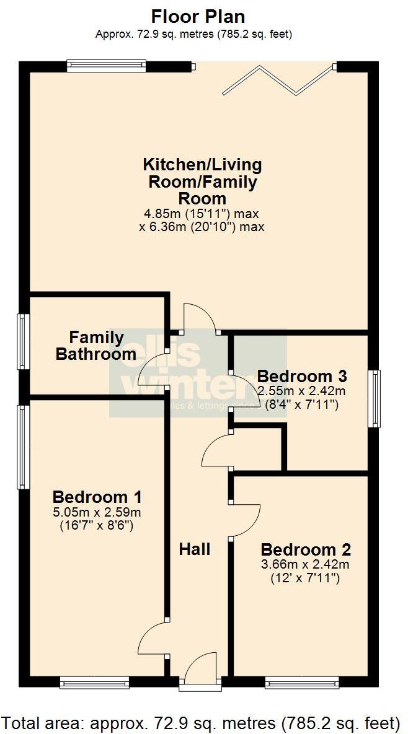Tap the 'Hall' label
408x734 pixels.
(195, 549)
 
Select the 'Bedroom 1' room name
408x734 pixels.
(97, 497)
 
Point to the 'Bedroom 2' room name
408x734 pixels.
(306, 549)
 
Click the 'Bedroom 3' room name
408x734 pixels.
(301, 376)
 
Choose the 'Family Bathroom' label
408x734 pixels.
(96, 346)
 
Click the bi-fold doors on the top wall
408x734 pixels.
(278, 79)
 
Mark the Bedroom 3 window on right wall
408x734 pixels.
(374, 399)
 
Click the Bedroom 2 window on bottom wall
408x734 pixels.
(301, 682)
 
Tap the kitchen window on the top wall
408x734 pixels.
(106, 65)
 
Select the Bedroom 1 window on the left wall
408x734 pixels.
(24, 446)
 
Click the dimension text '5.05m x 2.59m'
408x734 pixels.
(97, 512)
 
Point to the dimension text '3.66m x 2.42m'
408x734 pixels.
(306, 564)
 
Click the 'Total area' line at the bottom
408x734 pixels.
(200, 722)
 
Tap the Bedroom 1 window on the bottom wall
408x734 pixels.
(94, 682)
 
